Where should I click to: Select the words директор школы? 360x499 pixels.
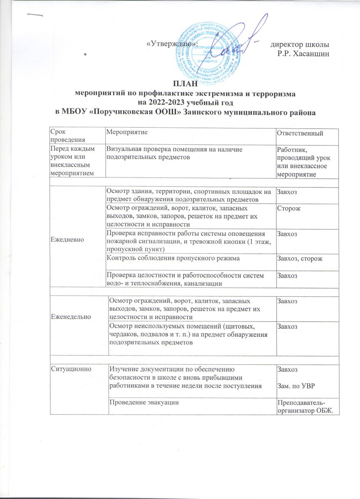point(300,44)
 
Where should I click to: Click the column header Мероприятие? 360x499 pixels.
point(127,132)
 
